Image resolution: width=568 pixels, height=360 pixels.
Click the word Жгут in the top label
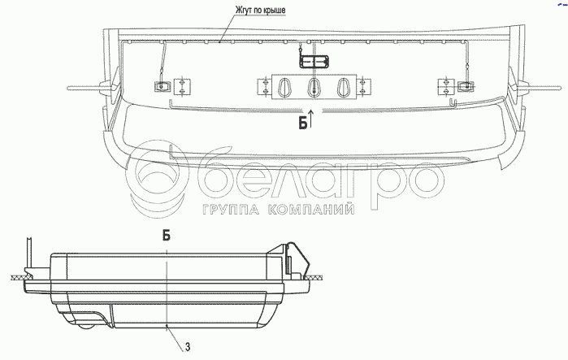tap(244, 10)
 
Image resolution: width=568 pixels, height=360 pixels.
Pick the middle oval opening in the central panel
tap(313, 87)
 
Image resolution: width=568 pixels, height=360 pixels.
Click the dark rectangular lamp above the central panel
tap(314, 62)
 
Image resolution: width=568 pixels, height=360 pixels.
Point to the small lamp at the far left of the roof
tap(163, 87)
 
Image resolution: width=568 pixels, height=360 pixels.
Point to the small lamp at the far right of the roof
tap(466, 86)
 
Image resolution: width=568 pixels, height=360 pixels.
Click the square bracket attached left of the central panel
tap(265, 87)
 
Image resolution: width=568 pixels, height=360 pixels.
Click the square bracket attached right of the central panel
tap(363, 87)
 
